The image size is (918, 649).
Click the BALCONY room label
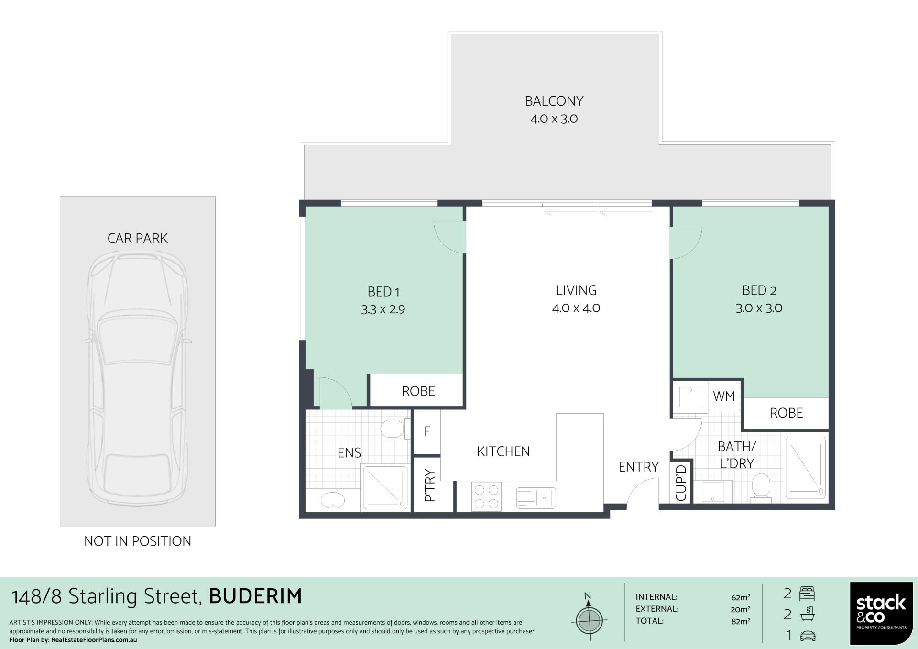point(554,101)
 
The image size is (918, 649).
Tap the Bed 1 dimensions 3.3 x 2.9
point(383,310)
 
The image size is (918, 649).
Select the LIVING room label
point(576,290)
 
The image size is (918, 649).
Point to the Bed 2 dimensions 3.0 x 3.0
point(759,308)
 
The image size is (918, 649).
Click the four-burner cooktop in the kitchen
point(486,496)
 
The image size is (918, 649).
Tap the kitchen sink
point(536,498)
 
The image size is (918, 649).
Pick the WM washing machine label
point(724,396)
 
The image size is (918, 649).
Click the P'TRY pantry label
point(429,485)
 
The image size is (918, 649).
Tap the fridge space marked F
point(427,431)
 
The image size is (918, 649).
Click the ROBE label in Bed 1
point(418,391)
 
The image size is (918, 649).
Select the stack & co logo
point(881,613)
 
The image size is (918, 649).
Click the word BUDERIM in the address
point(256,596)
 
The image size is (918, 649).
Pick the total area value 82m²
point(741,621)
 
